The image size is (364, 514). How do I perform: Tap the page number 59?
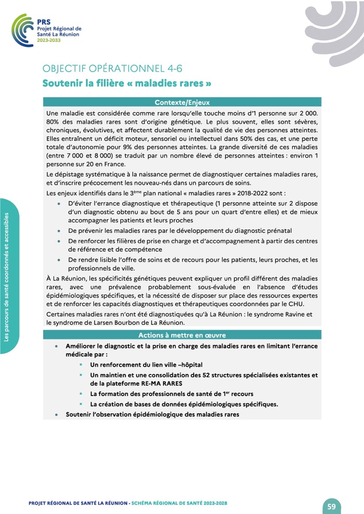pyautogui.click(x=332, y=506)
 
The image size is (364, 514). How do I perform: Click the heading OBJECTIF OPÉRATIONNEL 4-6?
pyautogui.click(x=115, y=69)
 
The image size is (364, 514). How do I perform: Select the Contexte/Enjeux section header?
pyautogui.click(x=182, y=102)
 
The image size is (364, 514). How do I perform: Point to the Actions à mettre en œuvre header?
pyautogui.click(x=182, y=335)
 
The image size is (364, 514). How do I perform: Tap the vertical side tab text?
pyautogui.click(x=7, y=277)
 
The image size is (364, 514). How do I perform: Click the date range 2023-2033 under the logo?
pyautogui.click(x=48, y=40)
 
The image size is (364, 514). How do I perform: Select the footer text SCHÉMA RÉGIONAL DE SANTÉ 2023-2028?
pyautogui.click(x=179, y=503)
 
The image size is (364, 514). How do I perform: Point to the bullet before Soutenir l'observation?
pyautogui.click(x=57, y=415)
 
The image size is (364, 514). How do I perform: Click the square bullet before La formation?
pyautogui.click(x=81, y=394)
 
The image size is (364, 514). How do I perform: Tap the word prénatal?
pyautogui.click(x=279, y=230)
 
